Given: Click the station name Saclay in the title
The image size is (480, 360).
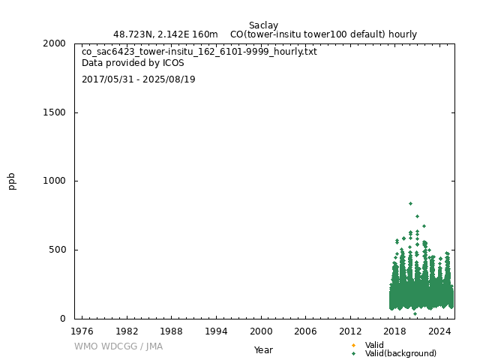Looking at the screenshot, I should tap(263, 25).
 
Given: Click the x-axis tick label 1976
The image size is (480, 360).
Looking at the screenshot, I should tap(82, 331).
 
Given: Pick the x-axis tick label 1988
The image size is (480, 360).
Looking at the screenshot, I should tap(172, 331).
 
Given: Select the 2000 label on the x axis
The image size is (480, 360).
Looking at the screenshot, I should tap(261, 331).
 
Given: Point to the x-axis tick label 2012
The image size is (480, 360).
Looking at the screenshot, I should tap(350, 331).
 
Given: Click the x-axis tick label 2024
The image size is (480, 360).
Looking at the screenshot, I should tap(440, 331).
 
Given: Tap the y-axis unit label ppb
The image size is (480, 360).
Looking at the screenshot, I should tap(12, 181).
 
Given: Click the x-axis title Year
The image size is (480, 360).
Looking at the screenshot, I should tap(263, 349).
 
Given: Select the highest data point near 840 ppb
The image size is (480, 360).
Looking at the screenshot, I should tap(410, 203).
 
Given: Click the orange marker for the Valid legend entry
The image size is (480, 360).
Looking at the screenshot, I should tap(353, 345).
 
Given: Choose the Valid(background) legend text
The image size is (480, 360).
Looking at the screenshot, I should tap(400, 353).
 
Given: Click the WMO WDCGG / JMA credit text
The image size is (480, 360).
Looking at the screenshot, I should tap(118, 346).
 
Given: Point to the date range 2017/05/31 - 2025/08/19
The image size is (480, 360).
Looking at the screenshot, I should tap(139, 79).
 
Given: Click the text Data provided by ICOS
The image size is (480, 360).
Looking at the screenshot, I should tap(133, 63).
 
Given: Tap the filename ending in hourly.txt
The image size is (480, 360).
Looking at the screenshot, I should tap(199, 52).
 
